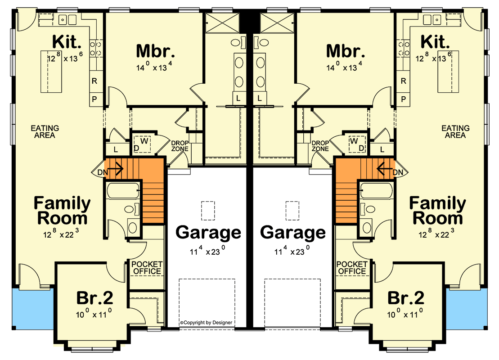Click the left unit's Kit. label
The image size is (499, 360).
tap(67, 42)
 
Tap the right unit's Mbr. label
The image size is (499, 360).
tap(346, 51)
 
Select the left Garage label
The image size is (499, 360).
tap(208, 233)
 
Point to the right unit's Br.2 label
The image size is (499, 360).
tap(406, 298)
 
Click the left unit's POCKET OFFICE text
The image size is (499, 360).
tap(147, 268)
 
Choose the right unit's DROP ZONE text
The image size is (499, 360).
tap(320, 146)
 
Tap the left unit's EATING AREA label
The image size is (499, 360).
tap(45, 131)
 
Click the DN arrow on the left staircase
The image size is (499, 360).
tap(116, 168)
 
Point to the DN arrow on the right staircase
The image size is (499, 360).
tap(384, 168)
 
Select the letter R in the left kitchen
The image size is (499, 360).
tap(94, 81)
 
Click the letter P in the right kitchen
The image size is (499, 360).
tap(404, 99)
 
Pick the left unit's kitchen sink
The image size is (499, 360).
tap(67, 20)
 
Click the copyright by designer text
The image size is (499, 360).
tap(206, 323)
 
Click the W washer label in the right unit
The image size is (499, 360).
tap(354, 141)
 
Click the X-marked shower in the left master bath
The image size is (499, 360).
tap(222, 22)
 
